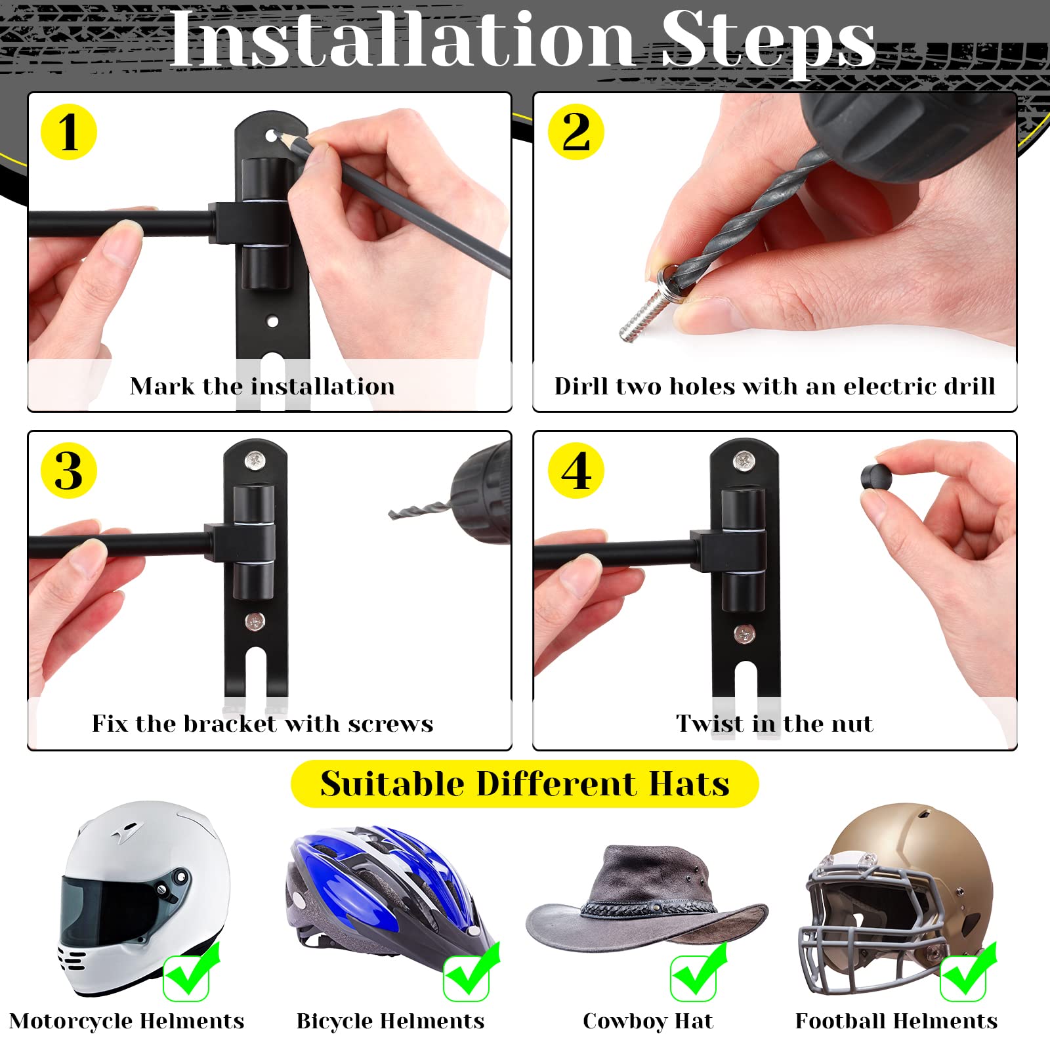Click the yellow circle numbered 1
[68, 132]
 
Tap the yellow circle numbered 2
[576, 132]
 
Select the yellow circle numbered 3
[68, 471]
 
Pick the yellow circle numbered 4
[576, 471]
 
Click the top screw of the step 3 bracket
[255, 461]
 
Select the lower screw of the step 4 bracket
[744, 633]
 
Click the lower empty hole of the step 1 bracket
[272, 322]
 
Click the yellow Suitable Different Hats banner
[524, 784]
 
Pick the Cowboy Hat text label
[647, 1021]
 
